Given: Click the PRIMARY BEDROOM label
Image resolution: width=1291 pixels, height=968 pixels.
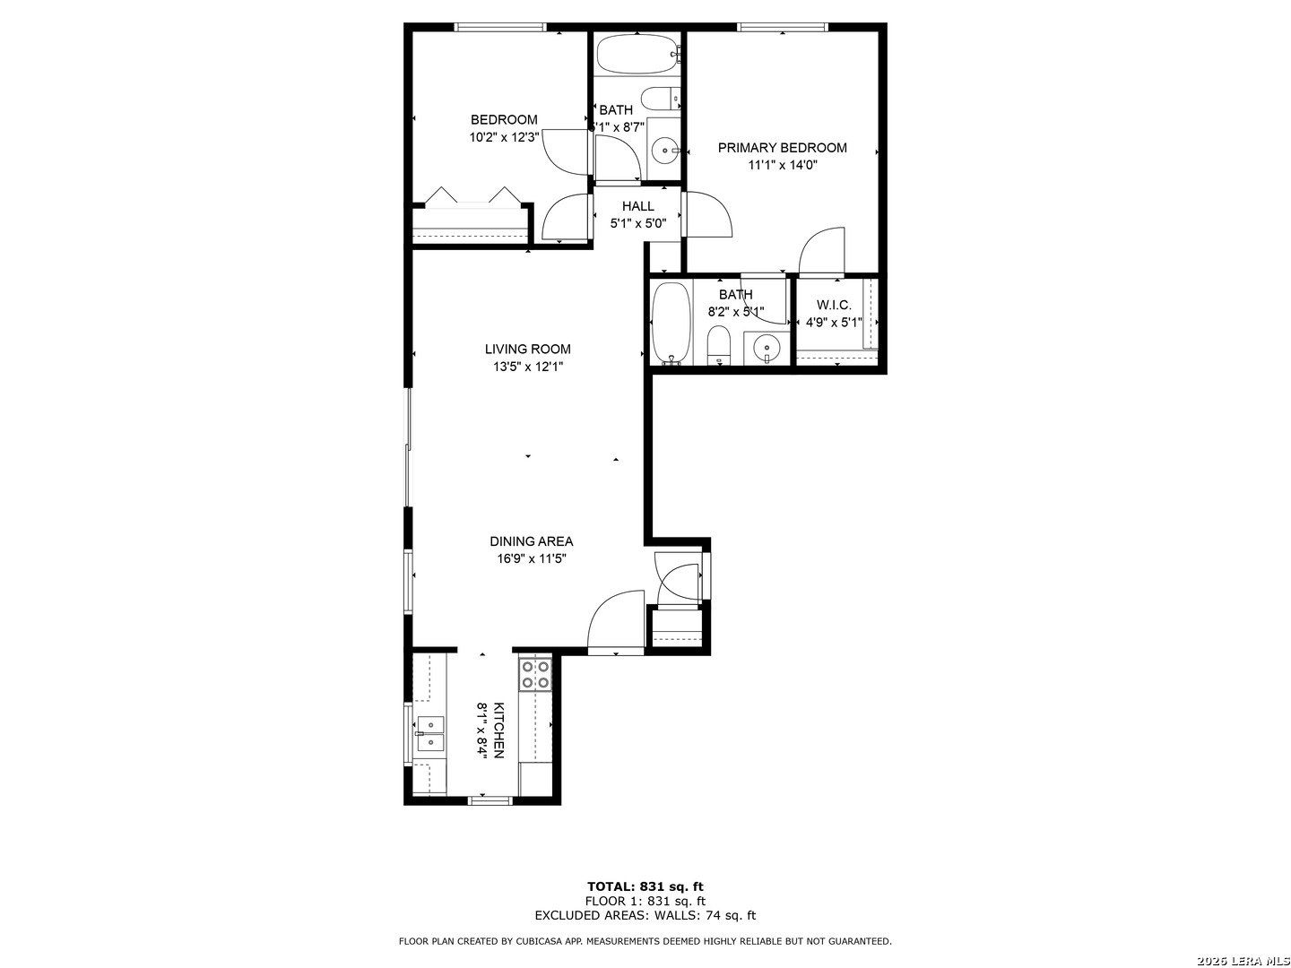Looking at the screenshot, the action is tap(782, 148).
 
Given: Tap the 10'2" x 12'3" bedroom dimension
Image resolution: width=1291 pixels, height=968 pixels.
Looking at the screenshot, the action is tap(504, 137).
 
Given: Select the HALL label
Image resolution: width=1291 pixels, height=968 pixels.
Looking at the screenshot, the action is tap(638, 206).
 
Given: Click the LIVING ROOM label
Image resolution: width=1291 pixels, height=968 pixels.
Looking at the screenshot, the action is tap(527, 350).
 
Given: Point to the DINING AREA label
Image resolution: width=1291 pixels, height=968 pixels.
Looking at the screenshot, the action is tap(531, 541).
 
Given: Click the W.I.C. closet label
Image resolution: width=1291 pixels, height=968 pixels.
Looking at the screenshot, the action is tap(834, 305).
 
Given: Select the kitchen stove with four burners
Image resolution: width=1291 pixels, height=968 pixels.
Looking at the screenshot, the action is tap(535, 674).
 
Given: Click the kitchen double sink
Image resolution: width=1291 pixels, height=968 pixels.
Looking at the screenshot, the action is tap(430, 734).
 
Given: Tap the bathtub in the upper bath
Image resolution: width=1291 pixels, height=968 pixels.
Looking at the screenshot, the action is tap(638, 54).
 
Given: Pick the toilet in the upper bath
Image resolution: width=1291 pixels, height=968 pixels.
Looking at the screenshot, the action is tap(661, 99).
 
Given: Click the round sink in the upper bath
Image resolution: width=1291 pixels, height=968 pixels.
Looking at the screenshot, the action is tap(666, 151).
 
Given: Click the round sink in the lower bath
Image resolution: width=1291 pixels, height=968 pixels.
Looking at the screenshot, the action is tap(767, 348).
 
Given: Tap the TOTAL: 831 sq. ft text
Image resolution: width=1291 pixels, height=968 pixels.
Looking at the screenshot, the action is tap(645, 887).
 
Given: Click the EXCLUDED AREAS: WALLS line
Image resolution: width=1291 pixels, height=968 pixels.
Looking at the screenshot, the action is tap(645, 915).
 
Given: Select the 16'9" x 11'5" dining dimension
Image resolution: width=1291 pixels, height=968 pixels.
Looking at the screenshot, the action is tap(531, 558).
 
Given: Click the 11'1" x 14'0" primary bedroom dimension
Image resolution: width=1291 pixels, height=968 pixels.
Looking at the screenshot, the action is tap(783, 165).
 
